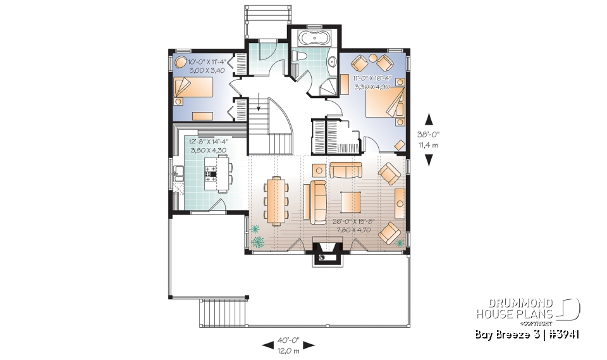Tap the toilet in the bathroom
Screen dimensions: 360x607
[302, 58]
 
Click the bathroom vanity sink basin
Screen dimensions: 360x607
[333, 61]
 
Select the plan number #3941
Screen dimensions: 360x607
[565, 333]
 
